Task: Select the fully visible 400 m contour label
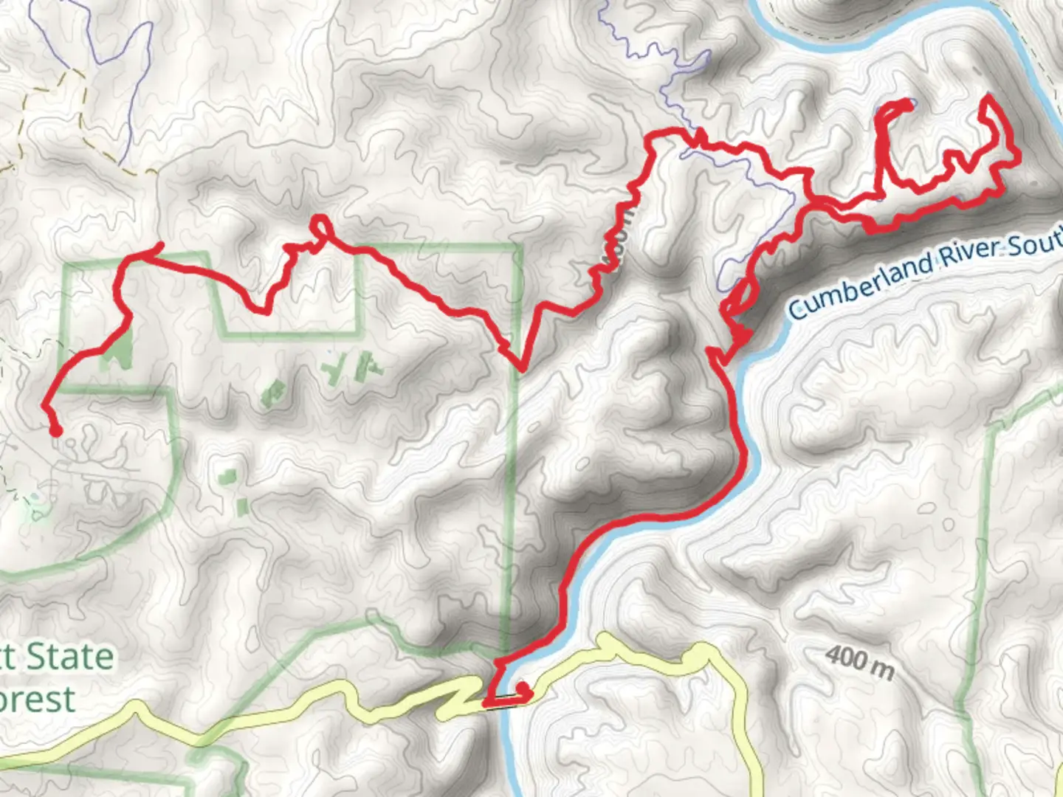pos(859,661)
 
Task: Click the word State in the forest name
pos(71,657)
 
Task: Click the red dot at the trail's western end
pos(55,431)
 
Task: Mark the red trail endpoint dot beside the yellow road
pos(523,689)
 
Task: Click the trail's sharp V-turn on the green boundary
pos(521,366)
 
